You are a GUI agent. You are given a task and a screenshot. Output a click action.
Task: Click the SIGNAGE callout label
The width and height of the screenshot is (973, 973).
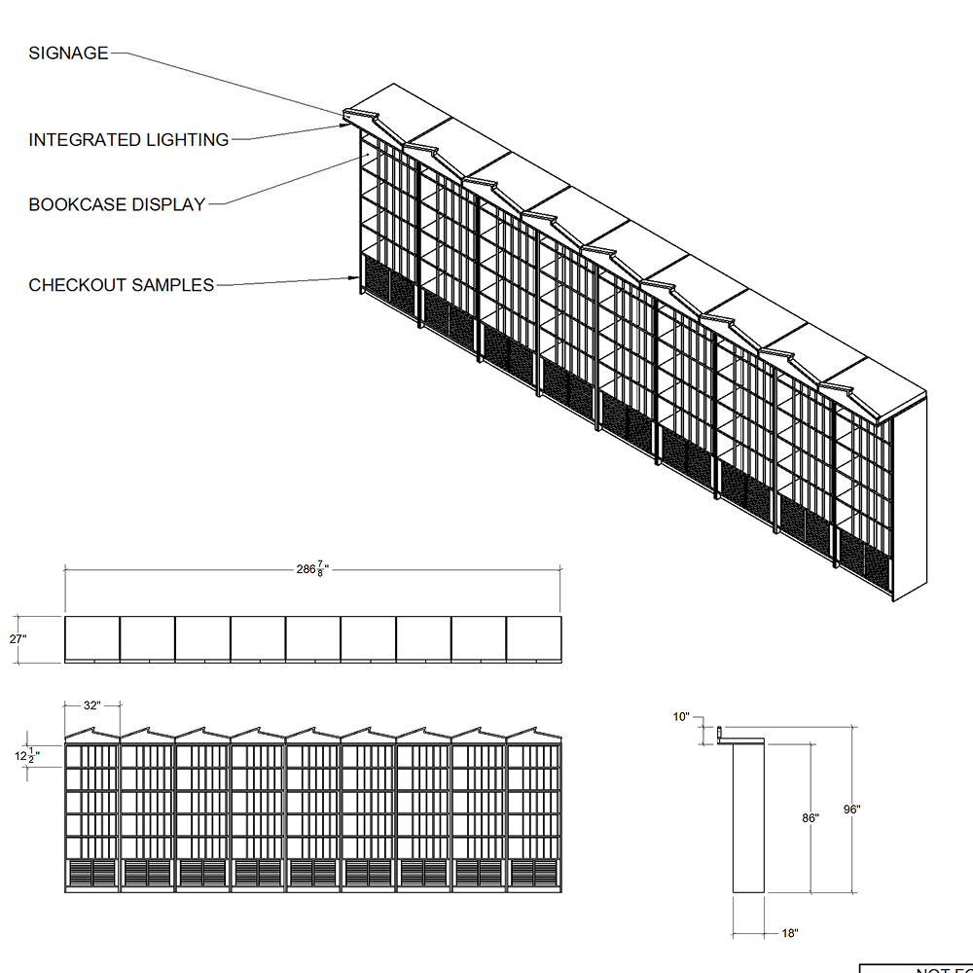point(68,54)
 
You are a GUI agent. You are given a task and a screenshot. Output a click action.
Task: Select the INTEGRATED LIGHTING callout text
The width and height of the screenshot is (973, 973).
point(128,140)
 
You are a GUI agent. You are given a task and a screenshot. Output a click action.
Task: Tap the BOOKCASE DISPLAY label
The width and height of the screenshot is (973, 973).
point(117,205)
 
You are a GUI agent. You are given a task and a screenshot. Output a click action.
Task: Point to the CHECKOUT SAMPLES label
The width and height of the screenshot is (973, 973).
point(121,285)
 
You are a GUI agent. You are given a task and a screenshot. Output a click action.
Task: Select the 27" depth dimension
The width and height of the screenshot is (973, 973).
point(18,639)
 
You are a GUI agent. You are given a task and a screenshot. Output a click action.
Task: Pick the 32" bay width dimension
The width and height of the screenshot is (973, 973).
point(91,706)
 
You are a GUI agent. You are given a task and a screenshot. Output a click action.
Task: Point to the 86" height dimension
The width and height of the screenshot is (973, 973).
point(810,818)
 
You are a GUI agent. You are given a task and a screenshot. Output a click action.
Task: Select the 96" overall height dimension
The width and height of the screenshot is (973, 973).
point(851,809)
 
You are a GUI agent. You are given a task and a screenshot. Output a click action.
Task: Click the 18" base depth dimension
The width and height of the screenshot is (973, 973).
point(789,933)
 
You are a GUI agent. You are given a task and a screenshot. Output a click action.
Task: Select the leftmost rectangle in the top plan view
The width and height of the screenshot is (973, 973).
point(92,638)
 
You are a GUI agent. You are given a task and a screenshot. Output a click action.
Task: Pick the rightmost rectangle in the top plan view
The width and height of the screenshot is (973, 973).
point(534,638)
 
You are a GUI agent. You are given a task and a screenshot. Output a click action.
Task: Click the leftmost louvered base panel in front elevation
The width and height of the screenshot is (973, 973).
point(79,873)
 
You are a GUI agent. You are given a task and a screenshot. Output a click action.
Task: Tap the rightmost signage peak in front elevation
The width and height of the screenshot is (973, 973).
point(534,732)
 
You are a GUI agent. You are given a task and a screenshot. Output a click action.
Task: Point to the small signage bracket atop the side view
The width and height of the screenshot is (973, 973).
point(721,733)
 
